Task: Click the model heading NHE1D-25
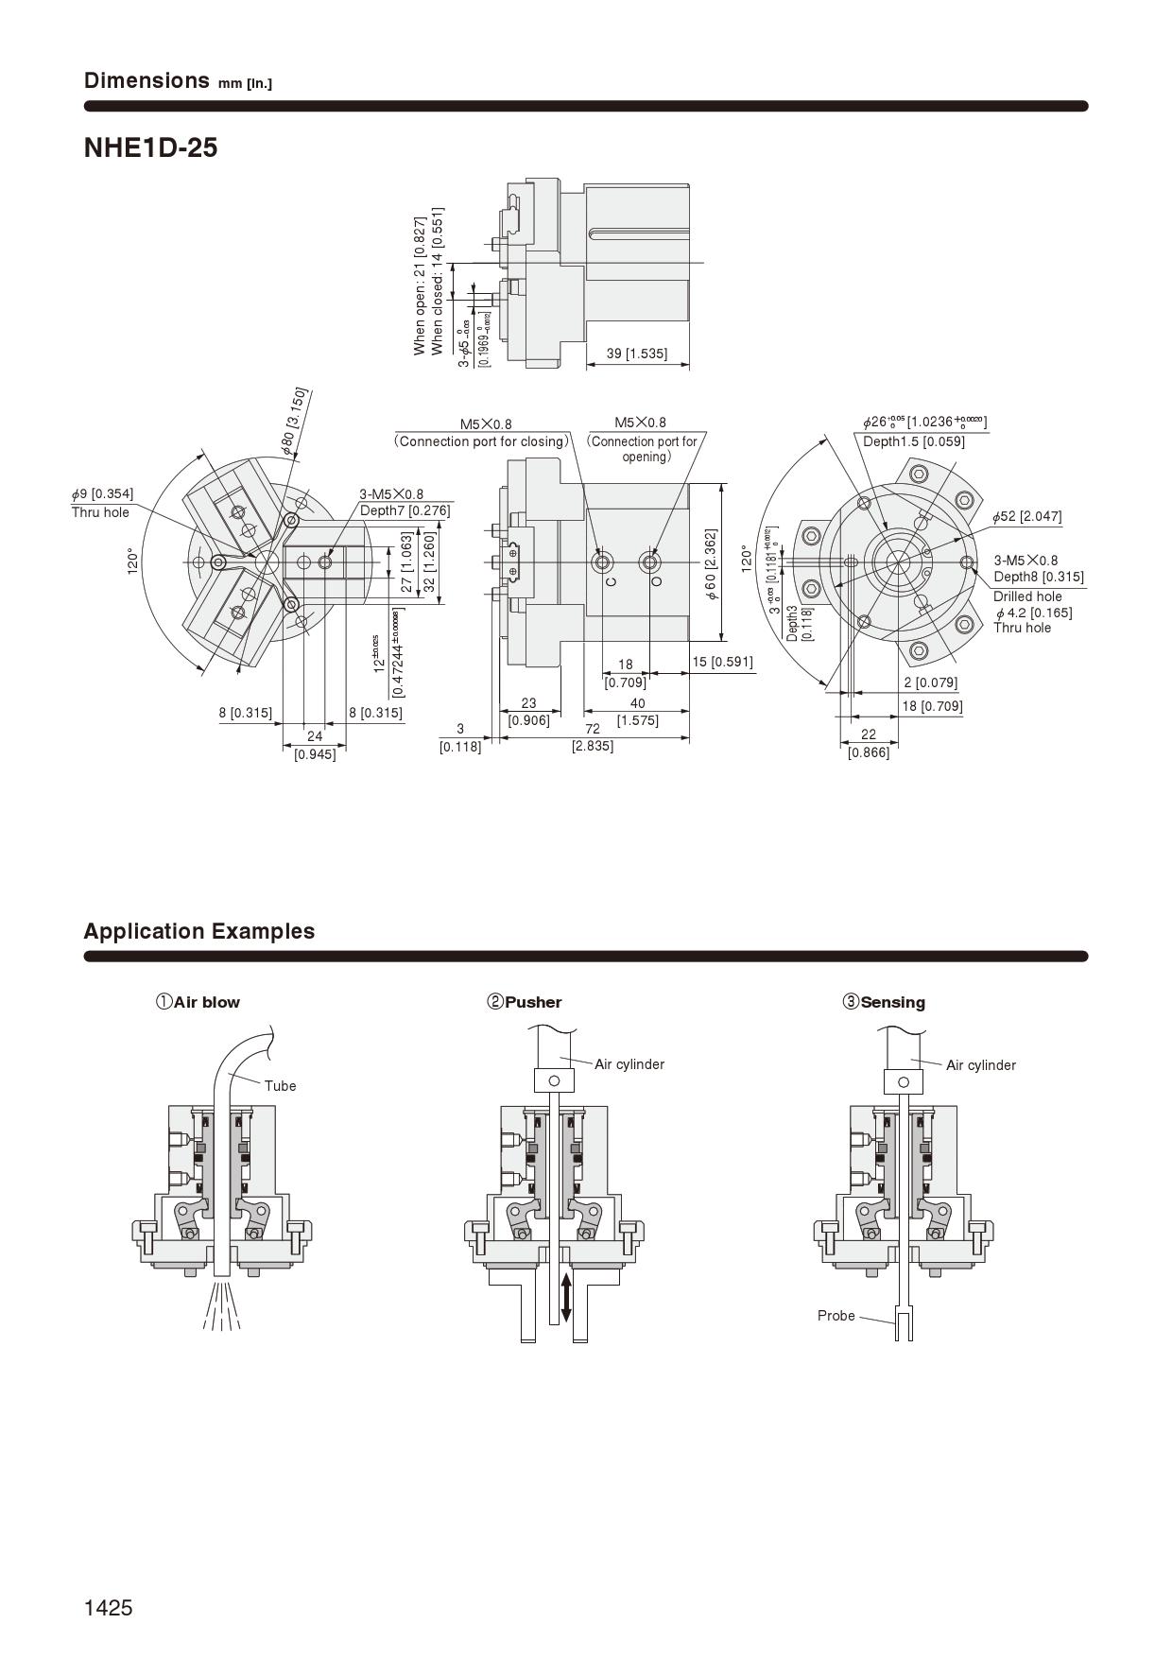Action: click(150, 147)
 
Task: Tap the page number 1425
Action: click(108, 1608)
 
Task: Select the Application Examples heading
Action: click(198, 931)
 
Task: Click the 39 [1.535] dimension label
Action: click(636, 354)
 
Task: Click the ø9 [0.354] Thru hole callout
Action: click(102, 503)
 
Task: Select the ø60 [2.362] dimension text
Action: click(711, 565)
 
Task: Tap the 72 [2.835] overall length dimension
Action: click(593, 737)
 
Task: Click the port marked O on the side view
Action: click(649, 564)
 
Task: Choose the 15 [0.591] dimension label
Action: click(722, 662)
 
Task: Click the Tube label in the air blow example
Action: click(280, 1086)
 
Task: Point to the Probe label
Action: click(836, 1316)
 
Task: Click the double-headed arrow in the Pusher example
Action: click(565, 1298)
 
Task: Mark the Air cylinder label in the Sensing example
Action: click(980, 1065)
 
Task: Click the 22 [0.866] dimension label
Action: click(868, 743)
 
